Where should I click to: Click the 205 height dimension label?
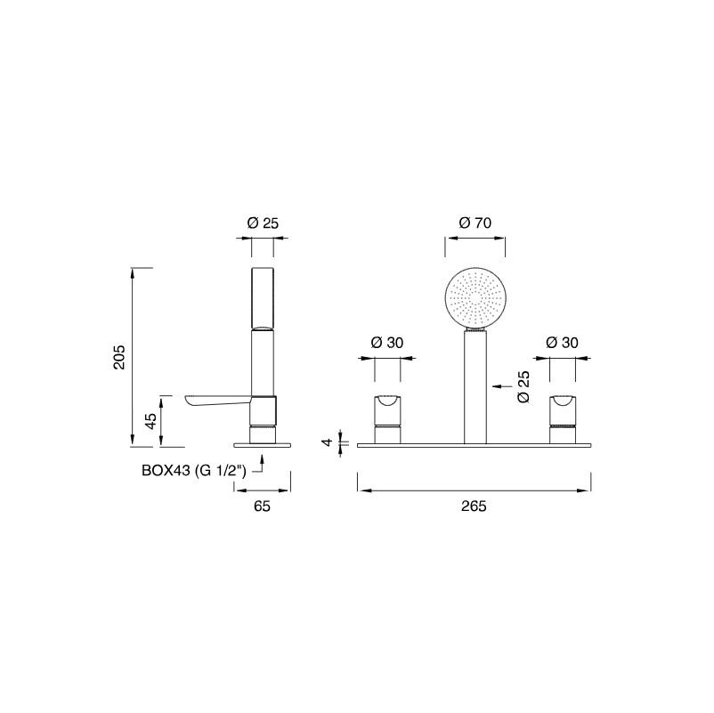[118, 357]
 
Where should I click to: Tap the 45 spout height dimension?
[150, 420]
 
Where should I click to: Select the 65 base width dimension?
[262, 506]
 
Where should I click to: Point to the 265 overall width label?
[474, 506]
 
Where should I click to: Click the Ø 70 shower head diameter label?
[475, 223]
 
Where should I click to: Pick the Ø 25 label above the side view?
[263, 223]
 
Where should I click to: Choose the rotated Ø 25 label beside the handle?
[523, 386]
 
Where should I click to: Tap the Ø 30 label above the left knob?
[387, 343]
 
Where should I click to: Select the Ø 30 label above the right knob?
[562, 343]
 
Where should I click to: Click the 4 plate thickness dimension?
[328, 442]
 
